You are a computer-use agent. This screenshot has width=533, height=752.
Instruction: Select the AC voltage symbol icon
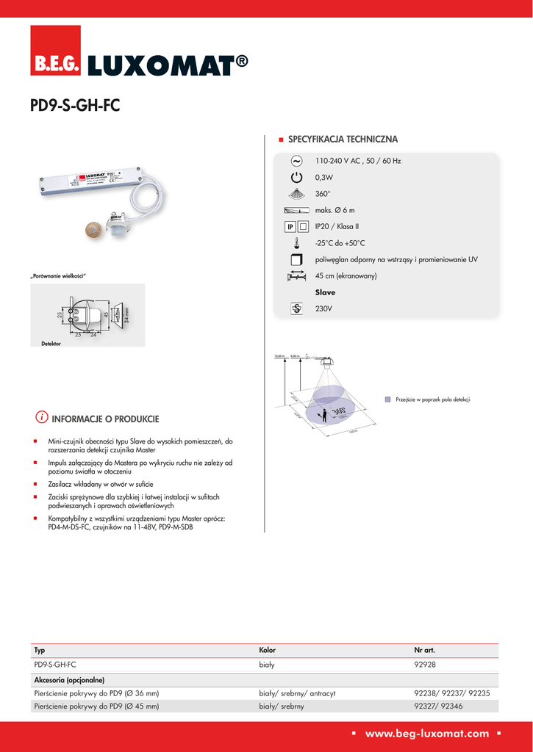[296, 160]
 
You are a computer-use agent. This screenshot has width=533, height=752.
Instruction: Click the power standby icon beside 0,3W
[296, 178]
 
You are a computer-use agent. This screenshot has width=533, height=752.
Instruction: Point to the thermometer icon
[296, 243]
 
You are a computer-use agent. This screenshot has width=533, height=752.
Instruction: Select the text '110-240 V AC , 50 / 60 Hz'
[357, 161]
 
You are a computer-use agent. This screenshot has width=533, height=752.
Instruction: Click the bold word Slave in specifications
[325, 292]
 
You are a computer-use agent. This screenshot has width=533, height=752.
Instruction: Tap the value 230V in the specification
[323, 309]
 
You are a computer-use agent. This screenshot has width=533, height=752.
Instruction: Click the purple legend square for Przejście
[388, 399]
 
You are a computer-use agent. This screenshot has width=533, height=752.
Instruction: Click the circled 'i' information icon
[42, 418]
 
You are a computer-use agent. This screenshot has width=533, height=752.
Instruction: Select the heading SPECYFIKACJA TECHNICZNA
[343, 139]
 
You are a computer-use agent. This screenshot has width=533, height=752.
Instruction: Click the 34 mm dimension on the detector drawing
[126, 317]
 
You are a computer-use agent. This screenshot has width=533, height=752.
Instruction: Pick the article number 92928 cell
[425, 664]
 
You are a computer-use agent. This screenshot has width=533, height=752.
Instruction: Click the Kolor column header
[267, 651]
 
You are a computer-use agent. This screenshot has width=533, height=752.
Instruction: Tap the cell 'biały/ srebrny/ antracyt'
[297, 693]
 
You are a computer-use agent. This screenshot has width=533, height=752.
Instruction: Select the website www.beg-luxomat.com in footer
[427, 733]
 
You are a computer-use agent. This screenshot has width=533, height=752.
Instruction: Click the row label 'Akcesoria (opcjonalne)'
[69, 679]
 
